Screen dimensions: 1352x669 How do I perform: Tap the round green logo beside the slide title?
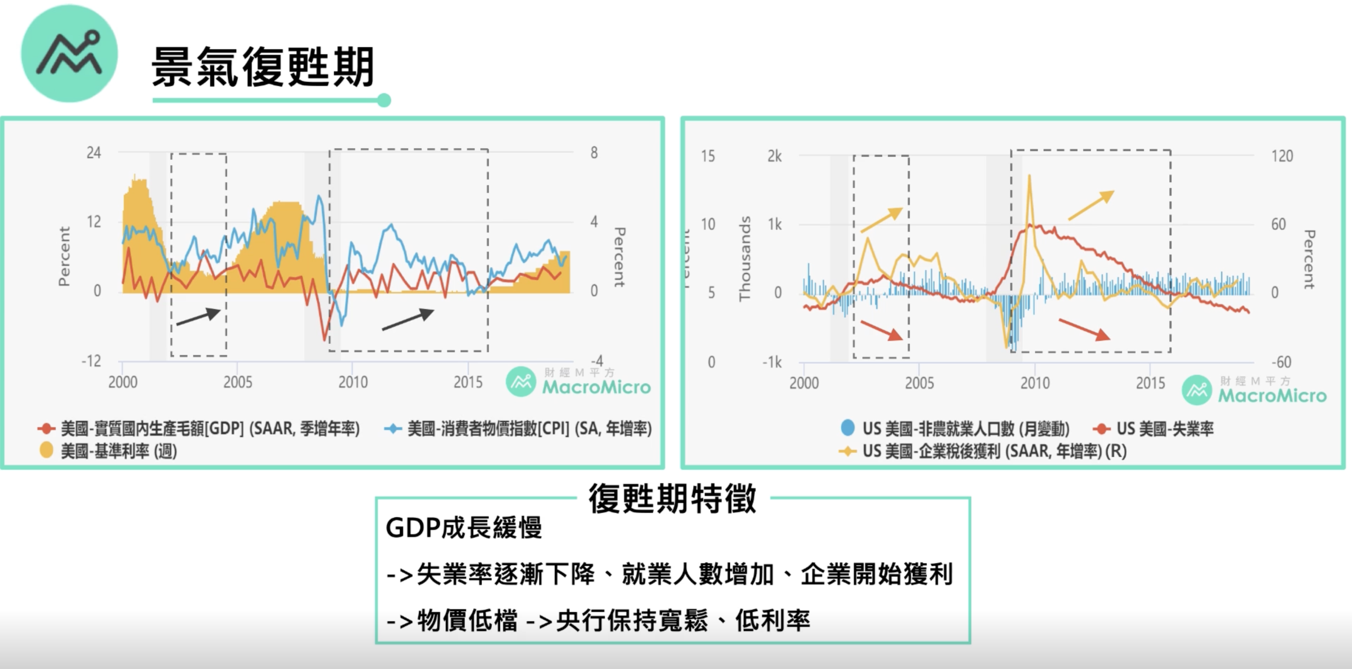pos(69,53)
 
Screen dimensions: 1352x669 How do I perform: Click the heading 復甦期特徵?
pos(672,498)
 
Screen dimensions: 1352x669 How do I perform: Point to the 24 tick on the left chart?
pos(94,153)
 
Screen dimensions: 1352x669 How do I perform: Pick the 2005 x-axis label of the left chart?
pos(238,382)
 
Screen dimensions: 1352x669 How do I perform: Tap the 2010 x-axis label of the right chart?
pos(1035,383)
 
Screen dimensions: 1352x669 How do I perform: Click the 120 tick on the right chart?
pos(1282,156)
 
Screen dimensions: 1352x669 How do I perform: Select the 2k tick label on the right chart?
pos(775,156)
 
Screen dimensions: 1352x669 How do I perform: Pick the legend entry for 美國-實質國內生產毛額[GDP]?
pos(199,429)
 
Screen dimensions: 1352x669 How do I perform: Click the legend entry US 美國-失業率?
pos(1154,429)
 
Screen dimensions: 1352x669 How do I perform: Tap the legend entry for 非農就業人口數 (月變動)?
pos(955,429)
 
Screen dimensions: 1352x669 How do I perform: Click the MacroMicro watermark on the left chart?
pos(578,382)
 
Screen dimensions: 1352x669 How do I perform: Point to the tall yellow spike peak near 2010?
pos(1029,175)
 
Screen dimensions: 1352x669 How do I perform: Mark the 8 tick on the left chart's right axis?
pos(594,153)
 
